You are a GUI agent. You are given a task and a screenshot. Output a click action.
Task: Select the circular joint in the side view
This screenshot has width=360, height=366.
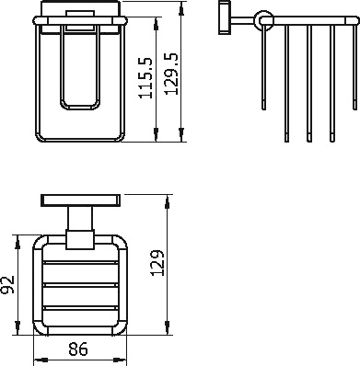tap(263, 17)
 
